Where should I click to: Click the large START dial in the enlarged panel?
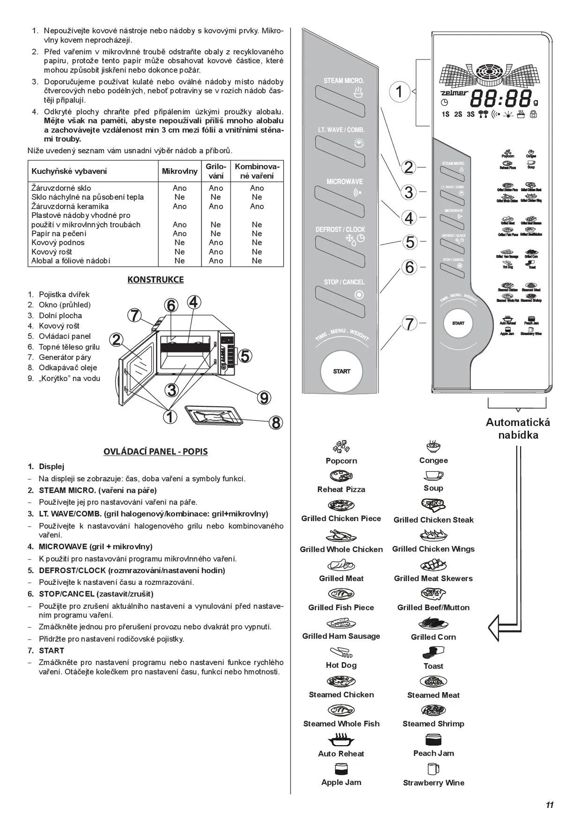(x=342, y=371)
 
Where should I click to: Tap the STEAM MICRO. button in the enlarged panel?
(x=340, y=101)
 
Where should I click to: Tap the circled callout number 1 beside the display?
(x=399, y=91)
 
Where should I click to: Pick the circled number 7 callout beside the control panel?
(x=410, y=323)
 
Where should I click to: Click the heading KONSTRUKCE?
(x=156, y=280)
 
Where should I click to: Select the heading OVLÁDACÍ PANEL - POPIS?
(x=156, y=452)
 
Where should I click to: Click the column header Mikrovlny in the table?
(x=179, y=171)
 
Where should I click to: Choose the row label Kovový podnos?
(x=58, y=242)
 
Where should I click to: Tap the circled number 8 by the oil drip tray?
(x=276, y=423)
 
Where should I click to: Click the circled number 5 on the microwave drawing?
(x=245, y=356)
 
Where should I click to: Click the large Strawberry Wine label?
(x=433, y=783)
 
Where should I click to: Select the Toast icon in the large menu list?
(x=433, y=652)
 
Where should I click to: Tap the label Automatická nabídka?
(x=518, y=428)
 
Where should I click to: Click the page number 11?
(x=550, y=805)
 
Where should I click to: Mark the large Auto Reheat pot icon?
(x=341, y=740)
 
